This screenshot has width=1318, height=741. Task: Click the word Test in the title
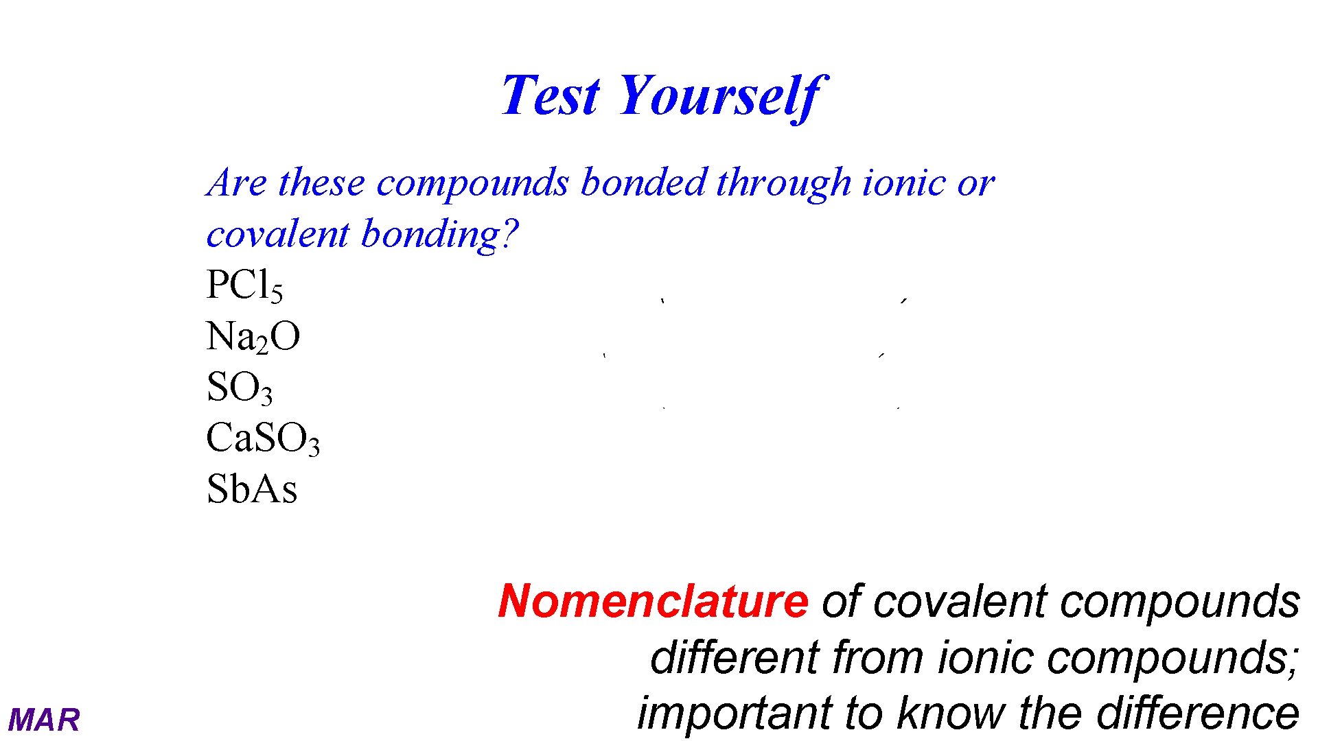click(551, 95)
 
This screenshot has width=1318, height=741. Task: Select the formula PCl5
click(244, 285)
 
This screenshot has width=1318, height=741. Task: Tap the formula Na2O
click(253, 337)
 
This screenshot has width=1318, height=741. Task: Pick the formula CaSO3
click(263, 438)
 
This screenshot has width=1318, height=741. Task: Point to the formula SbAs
click(252, 489)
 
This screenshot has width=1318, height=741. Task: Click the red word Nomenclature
click(653, 601)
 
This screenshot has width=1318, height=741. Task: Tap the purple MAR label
click(44, 720)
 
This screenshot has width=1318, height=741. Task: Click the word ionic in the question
click(903, 183)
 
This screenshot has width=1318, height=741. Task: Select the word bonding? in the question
click(439, 234)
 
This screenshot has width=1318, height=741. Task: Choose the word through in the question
click(783, 184)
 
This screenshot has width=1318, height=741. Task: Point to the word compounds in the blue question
click(472, 184)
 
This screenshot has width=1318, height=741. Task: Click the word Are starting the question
click(237, 183)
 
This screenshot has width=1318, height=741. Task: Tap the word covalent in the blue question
click(277, 234)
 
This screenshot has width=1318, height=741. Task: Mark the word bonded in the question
click(643, 183)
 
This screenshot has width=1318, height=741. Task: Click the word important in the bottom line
click(734, 714)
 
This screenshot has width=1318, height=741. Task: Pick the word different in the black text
click(735, 657)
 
